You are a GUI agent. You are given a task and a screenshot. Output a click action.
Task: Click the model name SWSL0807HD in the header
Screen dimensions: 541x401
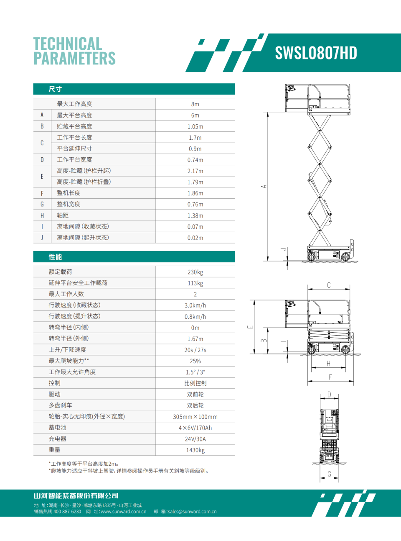point(316,53)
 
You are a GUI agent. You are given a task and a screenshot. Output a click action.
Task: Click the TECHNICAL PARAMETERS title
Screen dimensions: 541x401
point(74,51)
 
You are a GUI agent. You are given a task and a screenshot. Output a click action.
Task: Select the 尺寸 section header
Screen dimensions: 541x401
point(55,89)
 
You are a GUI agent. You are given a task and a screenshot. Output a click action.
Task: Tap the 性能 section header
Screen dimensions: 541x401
point(55,257)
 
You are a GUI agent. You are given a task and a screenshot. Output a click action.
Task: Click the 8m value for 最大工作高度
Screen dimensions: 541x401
point(195,104)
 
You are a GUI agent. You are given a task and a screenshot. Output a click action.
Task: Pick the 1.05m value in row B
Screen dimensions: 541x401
point(195,126)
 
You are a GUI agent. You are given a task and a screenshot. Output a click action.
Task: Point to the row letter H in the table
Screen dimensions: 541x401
point(42,215)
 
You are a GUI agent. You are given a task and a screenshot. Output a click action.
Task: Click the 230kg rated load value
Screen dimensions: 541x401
point(195,272)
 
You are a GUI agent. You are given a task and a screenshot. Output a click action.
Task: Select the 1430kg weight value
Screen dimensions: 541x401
point(195,450)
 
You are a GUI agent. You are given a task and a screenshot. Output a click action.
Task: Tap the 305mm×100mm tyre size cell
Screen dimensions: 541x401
point(195,417)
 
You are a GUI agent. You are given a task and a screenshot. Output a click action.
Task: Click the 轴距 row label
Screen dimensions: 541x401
point(63,215)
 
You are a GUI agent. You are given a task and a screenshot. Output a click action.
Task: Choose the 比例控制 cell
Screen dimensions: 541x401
point(195,383)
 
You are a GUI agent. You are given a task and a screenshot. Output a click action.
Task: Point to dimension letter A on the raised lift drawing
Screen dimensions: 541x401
point(264,187)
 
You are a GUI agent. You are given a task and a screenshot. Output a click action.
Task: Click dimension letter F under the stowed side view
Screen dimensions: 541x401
point(330,377)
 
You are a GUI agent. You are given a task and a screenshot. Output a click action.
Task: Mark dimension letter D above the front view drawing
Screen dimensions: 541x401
point(329,395)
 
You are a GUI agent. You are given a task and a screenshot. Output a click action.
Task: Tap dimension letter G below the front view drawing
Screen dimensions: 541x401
point(329,474)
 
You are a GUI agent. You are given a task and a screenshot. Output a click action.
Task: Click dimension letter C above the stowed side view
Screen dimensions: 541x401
point(329,285)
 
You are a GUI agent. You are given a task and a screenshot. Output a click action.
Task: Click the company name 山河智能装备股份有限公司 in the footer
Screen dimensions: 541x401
point(76,496)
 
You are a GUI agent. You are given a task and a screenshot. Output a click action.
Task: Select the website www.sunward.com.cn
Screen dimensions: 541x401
point(123,512)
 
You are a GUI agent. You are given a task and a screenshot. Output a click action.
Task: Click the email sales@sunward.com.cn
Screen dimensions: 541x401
point(192,512)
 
